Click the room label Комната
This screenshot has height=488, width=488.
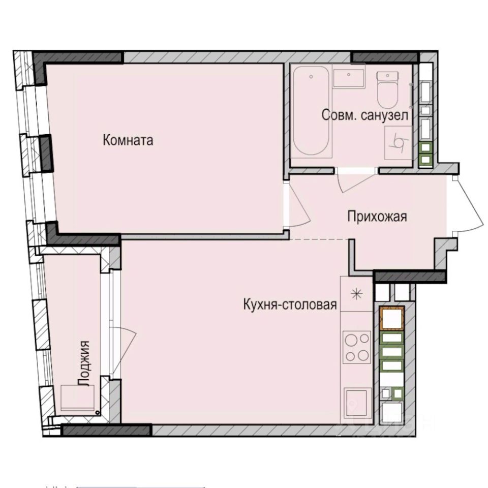128,140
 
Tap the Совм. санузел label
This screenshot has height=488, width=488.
365,115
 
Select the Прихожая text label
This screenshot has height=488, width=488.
377,217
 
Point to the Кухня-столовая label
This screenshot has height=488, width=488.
290,304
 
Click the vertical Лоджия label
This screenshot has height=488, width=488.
86,363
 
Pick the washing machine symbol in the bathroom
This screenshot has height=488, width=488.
398,144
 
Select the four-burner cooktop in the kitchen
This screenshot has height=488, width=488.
357,347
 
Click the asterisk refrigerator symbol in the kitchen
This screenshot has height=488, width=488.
357,294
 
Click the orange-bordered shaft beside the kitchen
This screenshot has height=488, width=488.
391,319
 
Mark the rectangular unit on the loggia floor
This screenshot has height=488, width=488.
78,398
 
